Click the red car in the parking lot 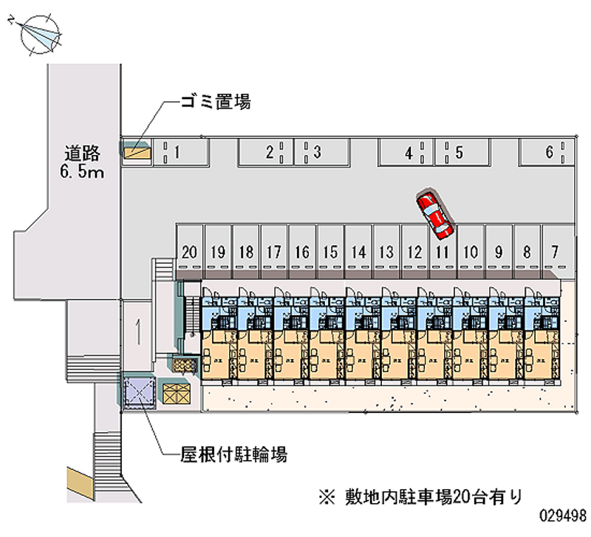434,216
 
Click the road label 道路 81,154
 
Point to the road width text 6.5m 82,173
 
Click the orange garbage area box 137,152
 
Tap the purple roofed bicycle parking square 138,391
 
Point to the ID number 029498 562,515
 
